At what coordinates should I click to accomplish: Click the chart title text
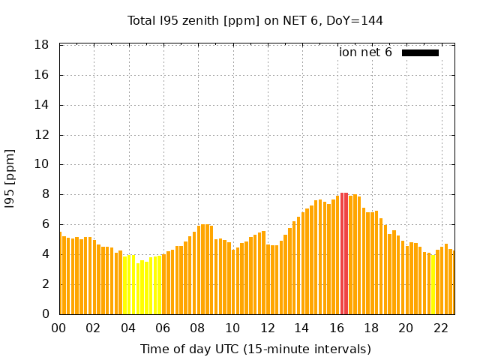[255, 21]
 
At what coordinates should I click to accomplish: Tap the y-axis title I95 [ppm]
[10, 179]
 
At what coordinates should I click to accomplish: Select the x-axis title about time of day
[256, 349]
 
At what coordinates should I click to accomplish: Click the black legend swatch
[420, 53]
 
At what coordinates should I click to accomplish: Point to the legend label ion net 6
[365, 52]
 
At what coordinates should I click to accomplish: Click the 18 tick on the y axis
[42, 45]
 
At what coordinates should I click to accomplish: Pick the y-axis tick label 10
[42, 164]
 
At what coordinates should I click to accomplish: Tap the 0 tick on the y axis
[46, 313]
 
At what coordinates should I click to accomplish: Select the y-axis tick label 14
[42, 105]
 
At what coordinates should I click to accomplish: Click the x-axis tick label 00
[58, 328]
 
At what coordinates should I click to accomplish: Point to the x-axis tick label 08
[197, 328]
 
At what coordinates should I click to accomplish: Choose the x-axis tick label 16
[337, 328]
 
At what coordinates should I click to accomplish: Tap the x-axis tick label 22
[441, 328]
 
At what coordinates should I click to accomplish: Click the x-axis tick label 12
[267, 328]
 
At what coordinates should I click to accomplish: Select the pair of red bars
[344, 253]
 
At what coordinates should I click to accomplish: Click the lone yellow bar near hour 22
[433, 285]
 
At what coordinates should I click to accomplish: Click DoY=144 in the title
[355, 21]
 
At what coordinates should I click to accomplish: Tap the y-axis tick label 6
[46, 224]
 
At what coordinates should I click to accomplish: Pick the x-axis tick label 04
[128, 328]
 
